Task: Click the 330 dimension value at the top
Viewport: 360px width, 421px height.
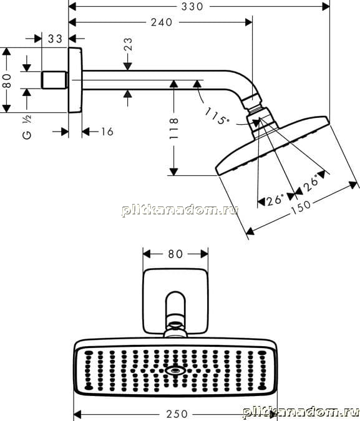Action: pyautogui.click(x=192, y=6)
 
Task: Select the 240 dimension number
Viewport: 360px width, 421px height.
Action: pyautogui.click(x=162, y=22)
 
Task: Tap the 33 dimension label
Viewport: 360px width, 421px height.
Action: pyautogui.click(x=55, y=39)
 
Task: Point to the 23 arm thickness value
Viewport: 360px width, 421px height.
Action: pyautogui.click(x=128, y=44)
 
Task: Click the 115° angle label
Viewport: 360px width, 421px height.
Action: pyautogui.click(x=216, y=116)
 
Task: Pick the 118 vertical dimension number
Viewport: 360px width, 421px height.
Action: pyautogui.click(x=174, y=128)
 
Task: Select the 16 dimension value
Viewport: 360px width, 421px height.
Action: pyautogui.click(x=107, y=132)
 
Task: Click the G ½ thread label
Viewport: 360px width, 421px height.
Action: pyautogui.click(x=27, y=127)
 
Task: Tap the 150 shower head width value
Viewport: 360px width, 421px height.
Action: pyautogui.click(x=301, y=207)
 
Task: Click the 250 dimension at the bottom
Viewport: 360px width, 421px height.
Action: pyautogui.click(x=177, y=414)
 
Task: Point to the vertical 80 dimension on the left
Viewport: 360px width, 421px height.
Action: pyautogui.click(x=6, y=81)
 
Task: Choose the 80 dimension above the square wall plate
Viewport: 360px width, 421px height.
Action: pyautogui.click(x=175, y=254)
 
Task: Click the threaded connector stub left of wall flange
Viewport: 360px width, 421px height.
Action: pyautogui.click(x=54, y=80)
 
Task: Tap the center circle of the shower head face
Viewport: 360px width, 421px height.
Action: pyautogui.click(x=175, y=370)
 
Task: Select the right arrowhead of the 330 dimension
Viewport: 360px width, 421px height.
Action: pyautogui.click(x=326, y=6)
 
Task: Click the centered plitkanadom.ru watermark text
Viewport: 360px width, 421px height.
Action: pyautogui.click(x=180, y=210)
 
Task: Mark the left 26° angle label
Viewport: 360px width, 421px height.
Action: pyautogui.click(x=275, y=200)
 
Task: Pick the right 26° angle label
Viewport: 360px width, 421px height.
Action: pyautogui.click(x=311, y=183)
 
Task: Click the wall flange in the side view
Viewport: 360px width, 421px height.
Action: pyautogui.click(x=75, y=80)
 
